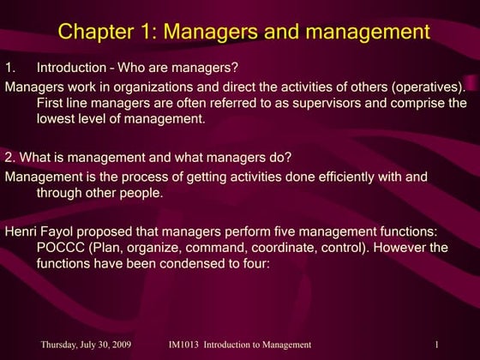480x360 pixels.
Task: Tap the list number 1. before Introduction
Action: click(10, 68)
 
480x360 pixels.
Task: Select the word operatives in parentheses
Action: click(429, 86)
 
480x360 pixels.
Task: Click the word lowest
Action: click(57, 119)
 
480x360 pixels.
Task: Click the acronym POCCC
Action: click(59, 248)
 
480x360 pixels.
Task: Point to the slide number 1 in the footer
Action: click(437, 345)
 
